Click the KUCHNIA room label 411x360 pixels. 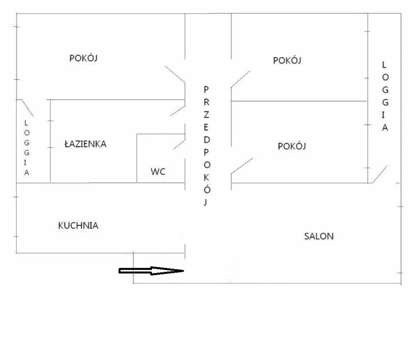78,225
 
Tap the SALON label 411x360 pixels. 319,236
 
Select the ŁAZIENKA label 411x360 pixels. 86,144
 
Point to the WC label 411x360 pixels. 158,172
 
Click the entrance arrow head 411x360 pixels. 168,271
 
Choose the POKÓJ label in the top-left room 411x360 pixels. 84,58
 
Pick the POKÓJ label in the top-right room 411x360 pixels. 287,60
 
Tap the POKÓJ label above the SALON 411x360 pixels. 292,146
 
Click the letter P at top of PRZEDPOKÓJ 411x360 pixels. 206,89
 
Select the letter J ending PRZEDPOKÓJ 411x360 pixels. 206,202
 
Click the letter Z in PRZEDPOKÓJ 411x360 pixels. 206,115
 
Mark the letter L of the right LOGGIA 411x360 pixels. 384,65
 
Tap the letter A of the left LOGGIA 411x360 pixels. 27,173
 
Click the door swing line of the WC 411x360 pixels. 179,145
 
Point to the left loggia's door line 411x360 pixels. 27,107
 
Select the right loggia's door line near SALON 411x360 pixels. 380,174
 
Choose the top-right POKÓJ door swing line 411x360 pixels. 240,79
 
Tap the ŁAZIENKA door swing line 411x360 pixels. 178,111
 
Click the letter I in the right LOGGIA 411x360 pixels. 384,115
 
